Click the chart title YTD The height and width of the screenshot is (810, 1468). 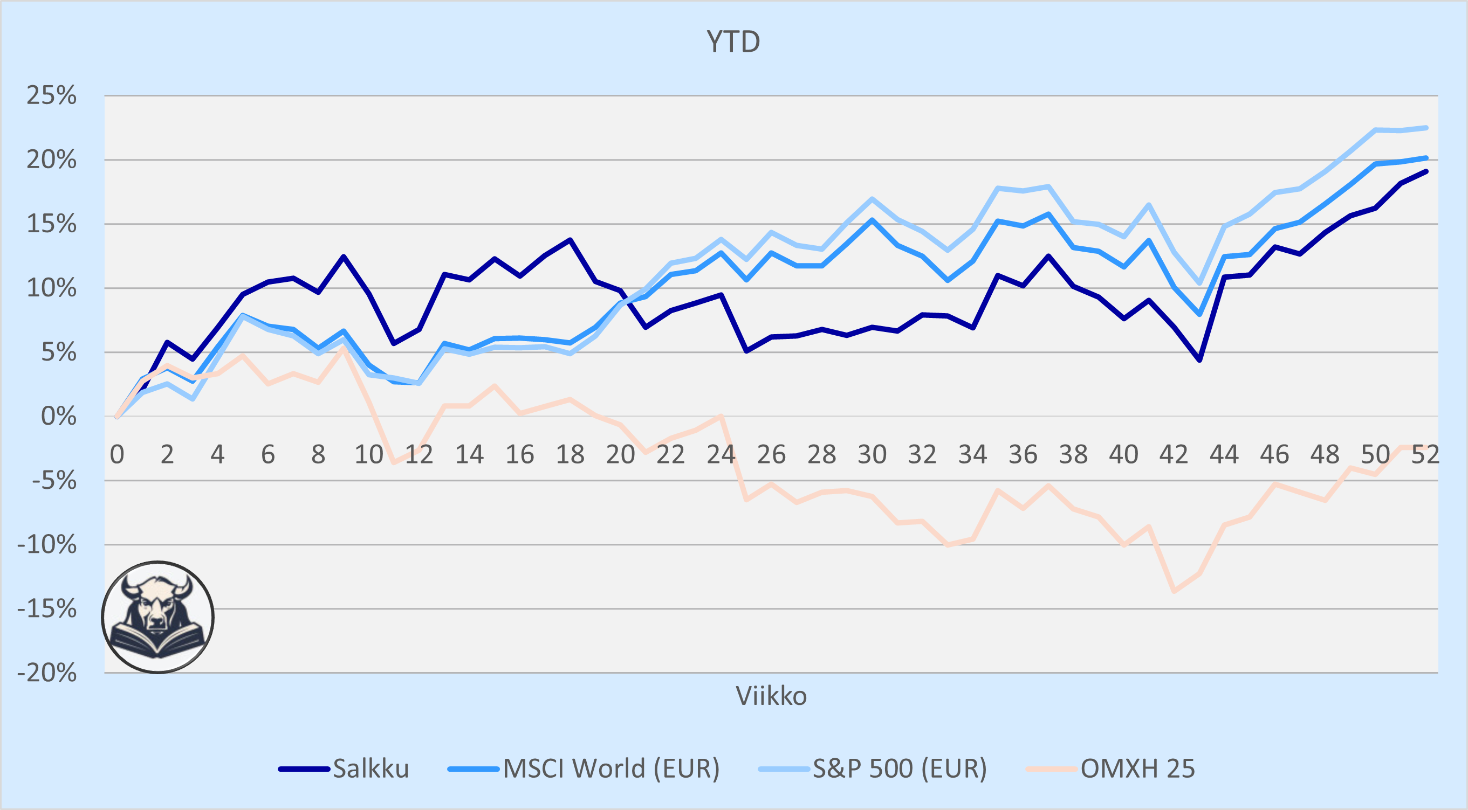point(733,42)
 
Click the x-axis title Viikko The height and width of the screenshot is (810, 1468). point(771,696)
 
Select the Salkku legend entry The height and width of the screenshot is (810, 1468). point(344,769)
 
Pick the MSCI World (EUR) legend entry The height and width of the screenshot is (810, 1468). point(584,769)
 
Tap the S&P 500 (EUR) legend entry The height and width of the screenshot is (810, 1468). point(873,769)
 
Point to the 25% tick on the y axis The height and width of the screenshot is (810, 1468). point(51,95)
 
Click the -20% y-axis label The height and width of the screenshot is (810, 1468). point(47,673)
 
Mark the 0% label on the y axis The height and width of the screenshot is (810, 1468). point(59,417)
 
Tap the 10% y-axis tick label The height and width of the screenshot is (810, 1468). point(51,288)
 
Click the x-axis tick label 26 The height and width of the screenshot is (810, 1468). point(771,454)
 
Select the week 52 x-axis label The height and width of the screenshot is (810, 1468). point(1425,454)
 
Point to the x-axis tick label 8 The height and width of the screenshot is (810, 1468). point(318,454)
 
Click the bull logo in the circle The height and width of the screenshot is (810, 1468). point(158,617)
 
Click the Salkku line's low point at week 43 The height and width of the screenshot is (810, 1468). point(1199,360)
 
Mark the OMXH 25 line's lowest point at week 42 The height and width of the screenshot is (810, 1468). point(1174,591)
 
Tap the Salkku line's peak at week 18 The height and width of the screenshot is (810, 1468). point(570,240)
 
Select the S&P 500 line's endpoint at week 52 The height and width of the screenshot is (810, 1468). point(1426,128)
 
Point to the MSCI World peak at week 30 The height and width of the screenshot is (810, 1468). point(872,220)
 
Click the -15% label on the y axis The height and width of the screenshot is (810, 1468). point(47,609)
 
